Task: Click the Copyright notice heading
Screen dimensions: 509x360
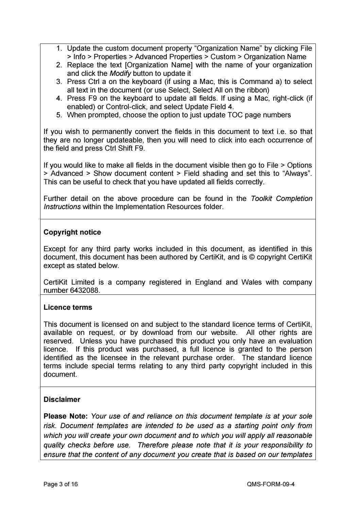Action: [72, 232]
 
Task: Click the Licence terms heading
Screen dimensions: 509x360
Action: [68, 307]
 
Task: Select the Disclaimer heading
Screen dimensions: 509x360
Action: [62, 400]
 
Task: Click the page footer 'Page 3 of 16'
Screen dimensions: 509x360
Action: [61, 484]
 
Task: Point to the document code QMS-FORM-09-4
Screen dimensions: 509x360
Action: [271, 484]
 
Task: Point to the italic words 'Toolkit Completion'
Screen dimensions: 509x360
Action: [281, 199]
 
